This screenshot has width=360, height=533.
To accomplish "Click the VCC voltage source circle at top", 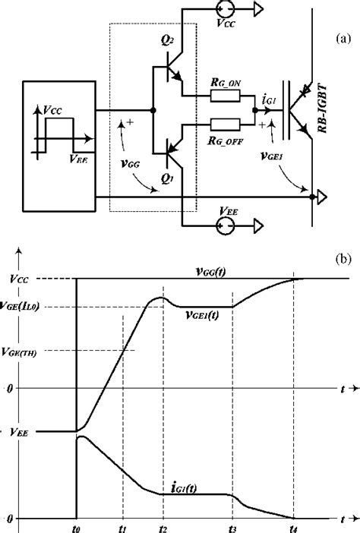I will point(227,11).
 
